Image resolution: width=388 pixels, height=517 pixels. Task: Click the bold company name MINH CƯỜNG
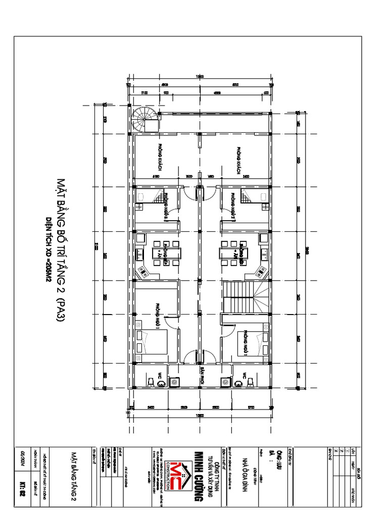tap(199, 475)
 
